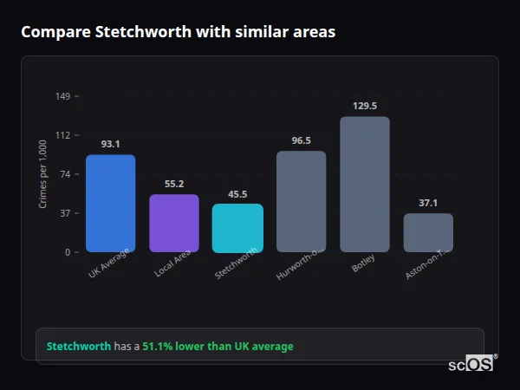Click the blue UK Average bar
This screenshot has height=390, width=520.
tap(110, 204)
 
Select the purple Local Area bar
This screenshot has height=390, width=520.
tap(174, 224)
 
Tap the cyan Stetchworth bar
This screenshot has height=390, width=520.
tap(237, 228)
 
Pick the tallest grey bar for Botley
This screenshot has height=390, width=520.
tap(365, 185)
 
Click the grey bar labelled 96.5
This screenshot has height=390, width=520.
tap(301, 202)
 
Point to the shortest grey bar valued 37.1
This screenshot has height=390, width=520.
tap(428, 232)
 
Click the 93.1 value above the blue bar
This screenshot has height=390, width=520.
tap(110, 144)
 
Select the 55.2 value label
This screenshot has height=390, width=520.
tap(174, 184)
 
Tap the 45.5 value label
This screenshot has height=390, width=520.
tap(237, 194)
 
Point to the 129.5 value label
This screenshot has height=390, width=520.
tap(365, 106)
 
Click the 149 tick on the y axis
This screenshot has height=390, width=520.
tap(63, 96)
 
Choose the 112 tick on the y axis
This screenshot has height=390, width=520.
tap(63, 135)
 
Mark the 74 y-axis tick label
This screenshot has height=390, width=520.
tap(65, 174)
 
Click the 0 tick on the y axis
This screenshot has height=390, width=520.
tap(68, 252)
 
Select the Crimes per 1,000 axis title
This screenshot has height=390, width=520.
tap(43, 173)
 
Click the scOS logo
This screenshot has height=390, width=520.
tap(471, 364)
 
